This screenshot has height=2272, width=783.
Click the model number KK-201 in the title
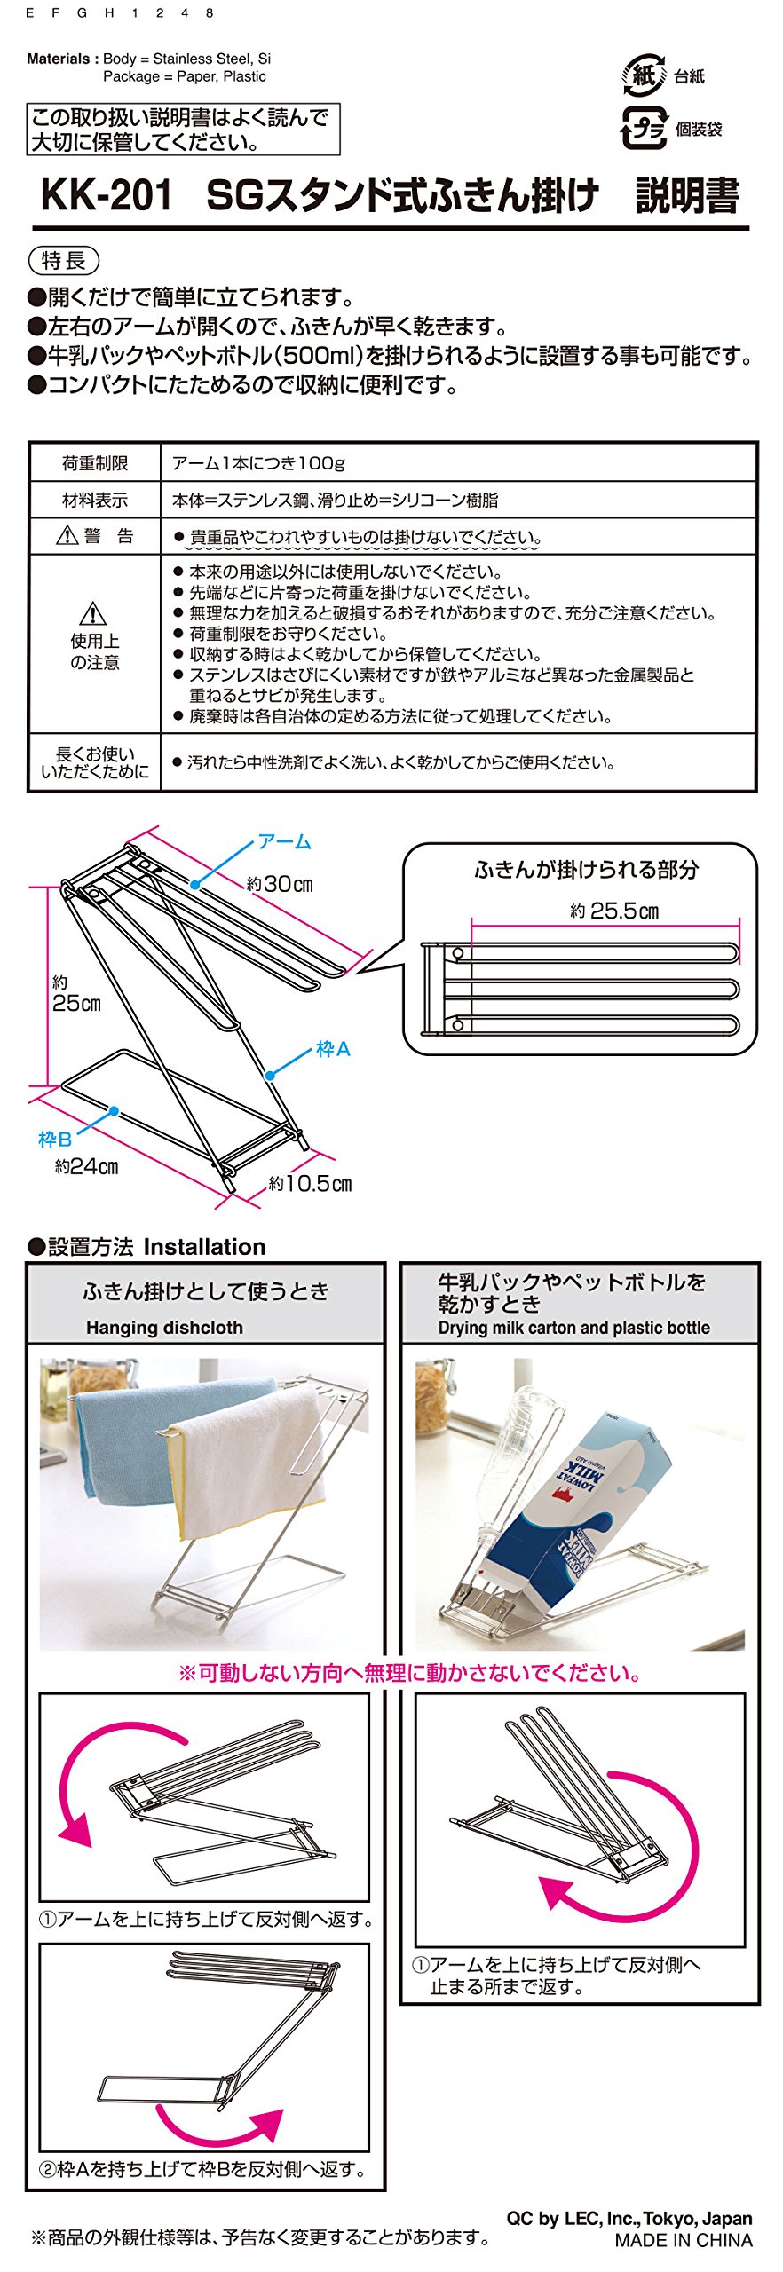[107, 195]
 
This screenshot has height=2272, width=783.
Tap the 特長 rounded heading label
[64, 261]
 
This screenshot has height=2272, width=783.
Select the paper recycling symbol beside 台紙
[643, 75]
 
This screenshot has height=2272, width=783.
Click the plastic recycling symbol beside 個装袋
[643, 129]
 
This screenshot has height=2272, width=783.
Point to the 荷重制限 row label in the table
[95, 463]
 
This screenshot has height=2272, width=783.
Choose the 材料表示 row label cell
[95, 501]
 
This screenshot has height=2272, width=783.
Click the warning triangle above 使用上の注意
[93, 613]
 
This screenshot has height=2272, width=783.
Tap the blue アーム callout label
[284, 841]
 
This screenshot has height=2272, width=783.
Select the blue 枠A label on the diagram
[333, 1049]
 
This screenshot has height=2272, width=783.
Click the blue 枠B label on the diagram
[54, 1140]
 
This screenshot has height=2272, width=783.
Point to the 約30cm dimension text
[280, 884]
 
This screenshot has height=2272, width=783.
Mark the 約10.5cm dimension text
[310, 1184]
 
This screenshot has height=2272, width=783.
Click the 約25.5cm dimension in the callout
[614, 911]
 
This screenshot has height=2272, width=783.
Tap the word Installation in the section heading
[204, 1247]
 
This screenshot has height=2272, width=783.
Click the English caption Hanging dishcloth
[164, 1328]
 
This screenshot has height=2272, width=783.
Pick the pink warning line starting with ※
[410, 1674]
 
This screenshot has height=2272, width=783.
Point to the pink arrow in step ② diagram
[222, 2126]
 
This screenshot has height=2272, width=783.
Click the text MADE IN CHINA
[683, 2241]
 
